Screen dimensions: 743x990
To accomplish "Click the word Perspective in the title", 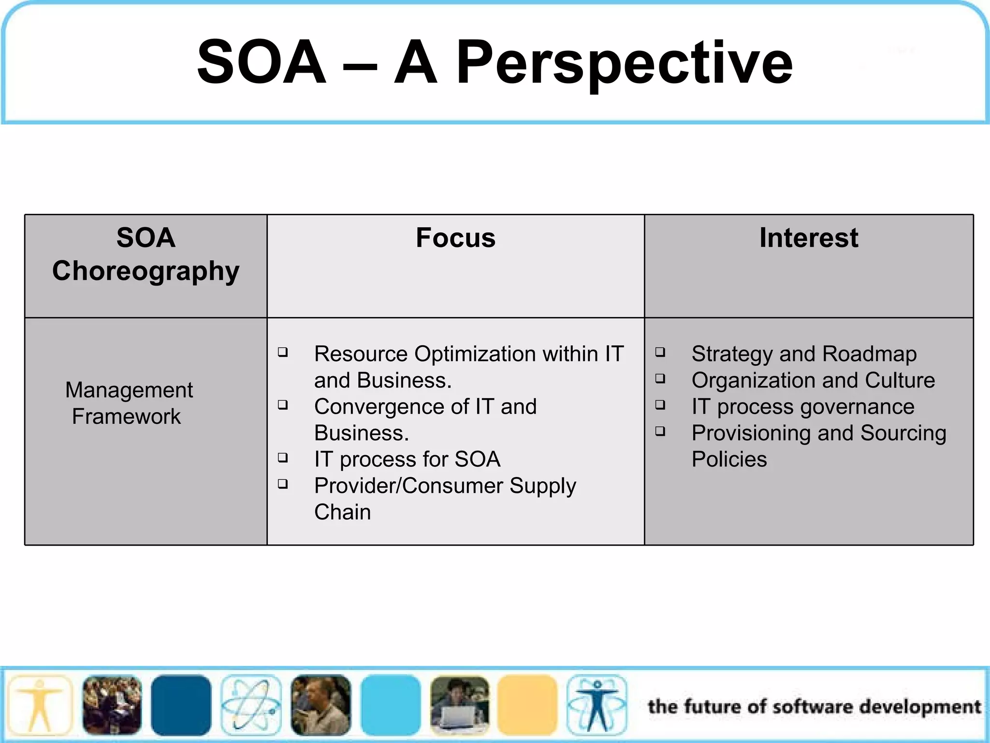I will click(624, 63).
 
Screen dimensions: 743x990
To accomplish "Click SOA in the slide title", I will click(262, 63).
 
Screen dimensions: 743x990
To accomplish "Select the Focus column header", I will click(455, 238).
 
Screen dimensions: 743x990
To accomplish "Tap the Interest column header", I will click(809, 238).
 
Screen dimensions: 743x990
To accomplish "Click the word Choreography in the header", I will click(146, 271).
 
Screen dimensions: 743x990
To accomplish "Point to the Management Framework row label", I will click(129, 403).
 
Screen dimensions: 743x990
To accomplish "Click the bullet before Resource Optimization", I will click(283, 352).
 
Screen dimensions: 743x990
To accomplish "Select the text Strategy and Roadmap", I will click(803, 354).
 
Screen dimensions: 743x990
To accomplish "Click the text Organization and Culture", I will click(813, 380).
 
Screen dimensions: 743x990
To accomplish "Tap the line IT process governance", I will click(802, 407).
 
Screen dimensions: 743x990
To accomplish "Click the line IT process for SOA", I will click(407, 460).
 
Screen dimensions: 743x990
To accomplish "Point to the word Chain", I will click(342, 512).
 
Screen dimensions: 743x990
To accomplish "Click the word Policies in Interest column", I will click(729, 460).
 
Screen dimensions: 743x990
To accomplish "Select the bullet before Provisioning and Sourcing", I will click(660, 431).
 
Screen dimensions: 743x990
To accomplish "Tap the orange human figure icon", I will click(40, 705).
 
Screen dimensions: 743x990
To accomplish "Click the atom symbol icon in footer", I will click(251, 705).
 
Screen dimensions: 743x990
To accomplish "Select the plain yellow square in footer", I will click(527, 705).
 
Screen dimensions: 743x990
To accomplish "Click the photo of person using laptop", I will click(459, 705).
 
